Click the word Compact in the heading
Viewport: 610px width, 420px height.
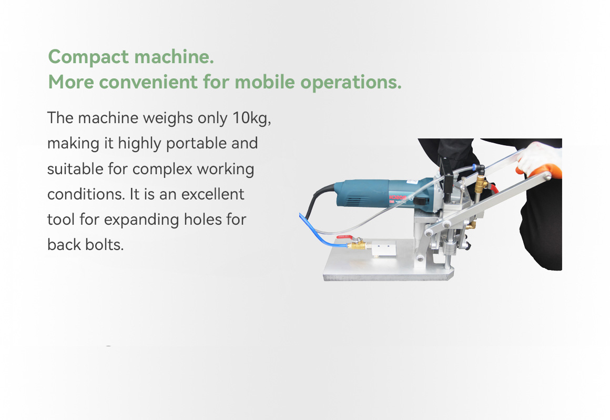pos(89,57)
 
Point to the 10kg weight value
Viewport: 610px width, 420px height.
pos(251,118)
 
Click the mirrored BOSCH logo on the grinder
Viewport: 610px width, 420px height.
pos(398,197)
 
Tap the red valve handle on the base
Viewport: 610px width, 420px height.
pos(344,237)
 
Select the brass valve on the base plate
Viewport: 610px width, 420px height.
pos(357,245)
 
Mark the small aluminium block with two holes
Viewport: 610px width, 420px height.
pos(383,248)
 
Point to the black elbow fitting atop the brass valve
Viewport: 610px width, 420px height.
pos(481,169)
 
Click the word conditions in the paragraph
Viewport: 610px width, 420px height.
pos(86,194)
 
